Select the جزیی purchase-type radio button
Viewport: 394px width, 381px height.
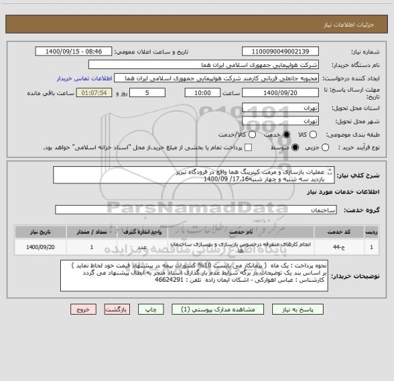(326, 147)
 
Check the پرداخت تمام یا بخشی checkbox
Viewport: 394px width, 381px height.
(248, 147)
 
